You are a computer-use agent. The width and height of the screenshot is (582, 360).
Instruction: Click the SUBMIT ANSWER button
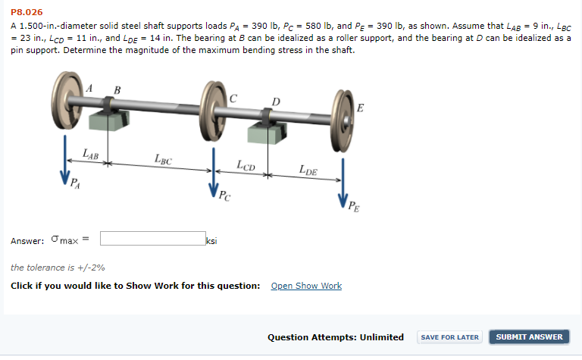coord(529,337)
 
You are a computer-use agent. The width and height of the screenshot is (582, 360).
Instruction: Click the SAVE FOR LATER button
coord(449,337)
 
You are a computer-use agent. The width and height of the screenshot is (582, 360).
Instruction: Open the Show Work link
coord(306,286)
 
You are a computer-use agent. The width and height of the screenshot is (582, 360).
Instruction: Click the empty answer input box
coord(153,238)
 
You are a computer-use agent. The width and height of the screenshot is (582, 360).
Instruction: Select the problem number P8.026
coord(27,12)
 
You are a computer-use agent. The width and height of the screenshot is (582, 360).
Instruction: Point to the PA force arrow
coord(65,161)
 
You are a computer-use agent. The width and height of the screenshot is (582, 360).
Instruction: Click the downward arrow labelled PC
coord(214,173)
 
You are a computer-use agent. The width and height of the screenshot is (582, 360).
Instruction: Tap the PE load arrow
coord(343,183)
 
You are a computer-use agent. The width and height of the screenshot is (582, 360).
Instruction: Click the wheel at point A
coord(67,100)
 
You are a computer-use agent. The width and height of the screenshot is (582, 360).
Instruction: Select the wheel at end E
coord(343,121)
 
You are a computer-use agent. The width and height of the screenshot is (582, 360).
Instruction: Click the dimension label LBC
coord(164,159)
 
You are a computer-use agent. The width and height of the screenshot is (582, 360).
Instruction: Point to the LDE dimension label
coord(308,170)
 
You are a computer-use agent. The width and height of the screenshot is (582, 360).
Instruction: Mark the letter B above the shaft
coord(117,90)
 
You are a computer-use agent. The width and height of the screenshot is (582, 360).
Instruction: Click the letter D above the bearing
coord(276,102)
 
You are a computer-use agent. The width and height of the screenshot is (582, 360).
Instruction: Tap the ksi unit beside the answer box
coord(211,241)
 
